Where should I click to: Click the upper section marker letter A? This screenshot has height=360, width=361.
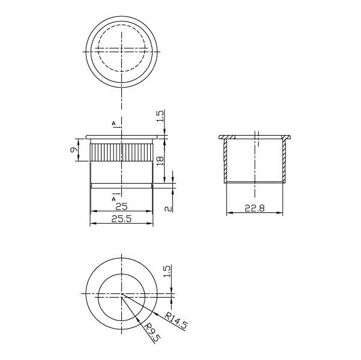point(114,124)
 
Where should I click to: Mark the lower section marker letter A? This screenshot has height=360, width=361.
point(114,197)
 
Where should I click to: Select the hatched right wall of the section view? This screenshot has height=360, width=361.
point(285,160)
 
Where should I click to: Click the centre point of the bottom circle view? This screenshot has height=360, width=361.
point(123,294)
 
